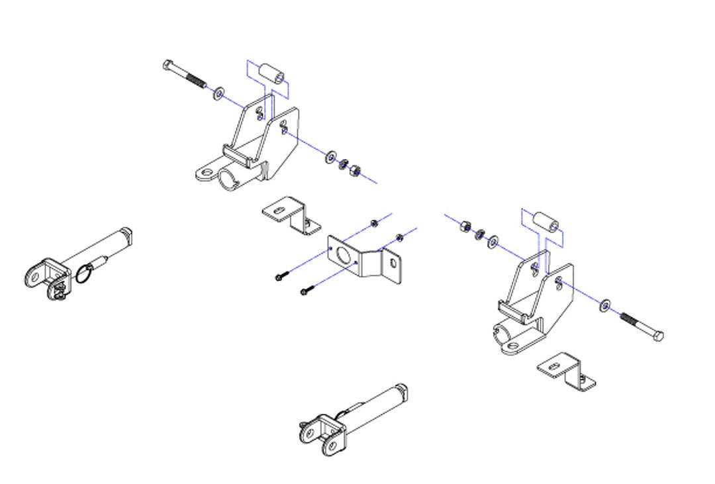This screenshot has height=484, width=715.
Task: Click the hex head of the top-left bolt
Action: coord(167,65)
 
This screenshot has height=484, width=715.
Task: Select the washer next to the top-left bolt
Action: coord(218,93)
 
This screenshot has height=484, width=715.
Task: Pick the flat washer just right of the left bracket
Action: coord(330,158)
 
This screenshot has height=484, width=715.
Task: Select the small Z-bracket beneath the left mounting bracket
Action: coord(291,215)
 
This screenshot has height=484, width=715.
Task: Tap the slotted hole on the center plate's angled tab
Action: coord(394,263)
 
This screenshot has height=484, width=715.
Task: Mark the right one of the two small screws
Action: coord(307,289)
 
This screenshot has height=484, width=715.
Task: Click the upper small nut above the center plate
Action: coord(374,223)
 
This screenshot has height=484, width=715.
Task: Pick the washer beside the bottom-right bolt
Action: coord(606,306)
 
